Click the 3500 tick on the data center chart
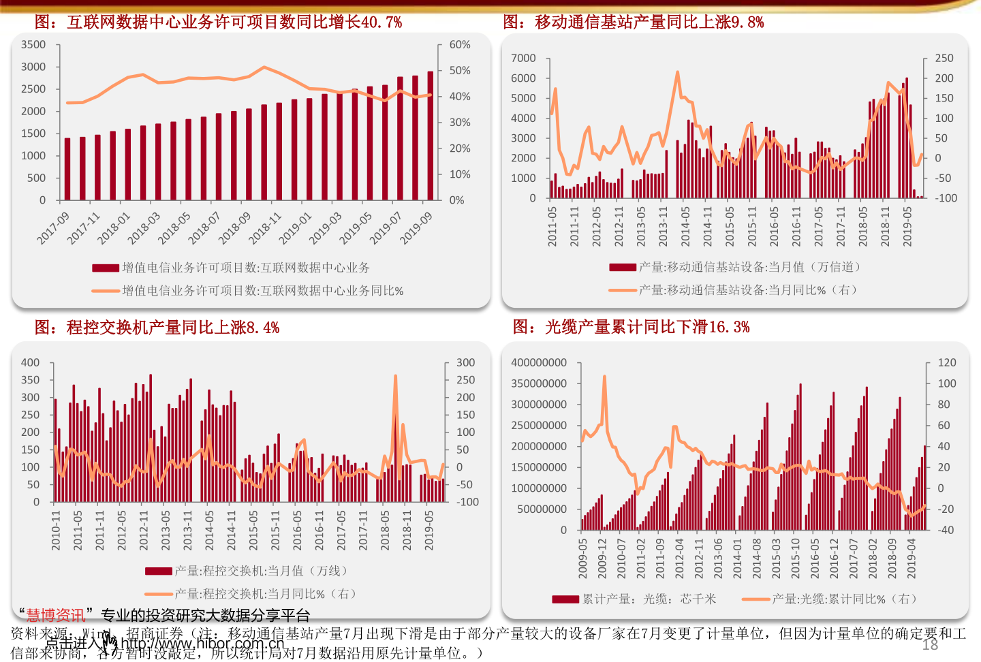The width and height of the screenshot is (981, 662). coord(33,45)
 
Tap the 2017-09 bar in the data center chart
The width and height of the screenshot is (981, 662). coord(67,169)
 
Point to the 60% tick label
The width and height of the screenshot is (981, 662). coord(460,45)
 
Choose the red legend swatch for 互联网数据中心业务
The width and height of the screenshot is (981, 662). coord(106,268)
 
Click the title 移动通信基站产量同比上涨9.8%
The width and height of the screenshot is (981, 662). coord(634,22)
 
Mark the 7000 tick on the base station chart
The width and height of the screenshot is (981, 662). coord(523,59)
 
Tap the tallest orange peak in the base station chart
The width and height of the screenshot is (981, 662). coord(677,72)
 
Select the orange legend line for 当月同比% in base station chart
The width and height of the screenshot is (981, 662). coord(623,291)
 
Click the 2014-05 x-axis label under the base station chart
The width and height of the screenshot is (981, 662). coord(685,226)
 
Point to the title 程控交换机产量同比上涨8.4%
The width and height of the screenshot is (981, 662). coord(157,328)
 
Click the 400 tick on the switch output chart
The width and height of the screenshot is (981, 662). coord(31,363)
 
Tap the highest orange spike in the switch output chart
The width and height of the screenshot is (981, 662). coord(395,377)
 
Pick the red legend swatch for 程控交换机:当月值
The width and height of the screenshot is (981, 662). coord(159,571)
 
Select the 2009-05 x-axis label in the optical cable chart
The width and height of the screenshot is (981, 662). coord(582,558)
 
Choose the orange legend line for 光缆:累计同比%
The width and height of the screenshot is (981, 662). coord(756,599)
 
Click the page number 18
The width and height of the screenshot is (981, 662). coord(930,645)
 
